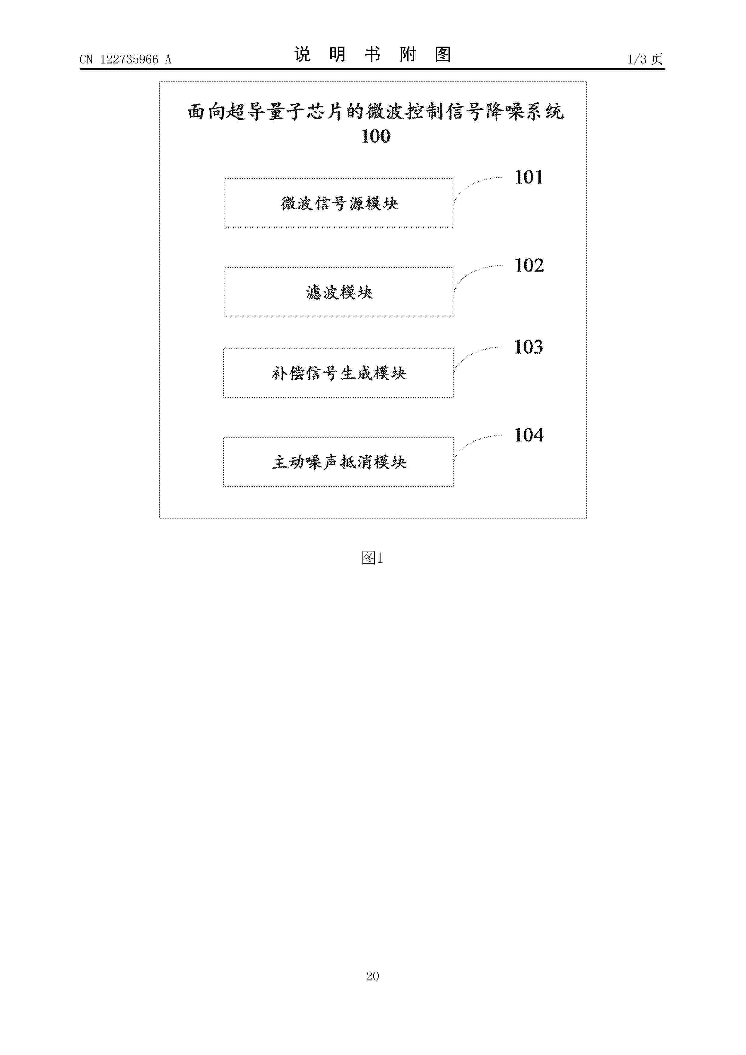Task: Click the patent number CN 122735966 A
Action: [x=125, y=59]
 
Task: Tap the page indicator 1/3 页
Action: [x=645, y=59]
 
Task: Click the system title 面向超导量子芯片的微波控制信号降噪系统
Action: [x=375, y=112]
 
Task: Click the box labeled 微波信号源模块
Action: [x=339, y=203]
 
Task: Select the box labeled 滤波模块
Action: [x=339, y=292]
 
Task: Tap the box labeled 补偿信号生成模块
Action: [x=338, y=373]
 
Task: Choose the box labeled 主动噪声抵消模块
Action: [x=338, y=462]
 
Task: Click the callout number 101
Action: [x=529, y=177]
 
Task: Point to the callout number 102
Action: [x=529, y=265]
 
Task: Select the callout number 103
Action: [x=529, y=347]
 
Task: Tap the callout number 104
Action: [x=529, y=435]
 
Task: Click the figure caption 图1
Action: [x=372, y=558]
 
